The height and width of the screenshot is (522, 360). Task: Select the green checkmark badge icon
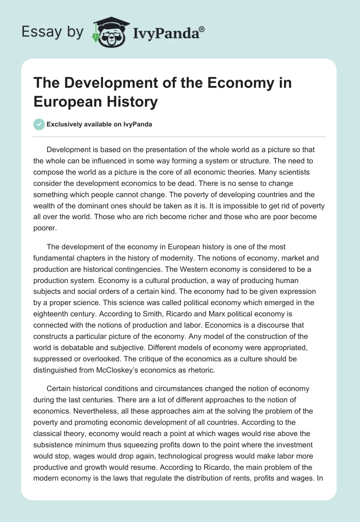point(40,124)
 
